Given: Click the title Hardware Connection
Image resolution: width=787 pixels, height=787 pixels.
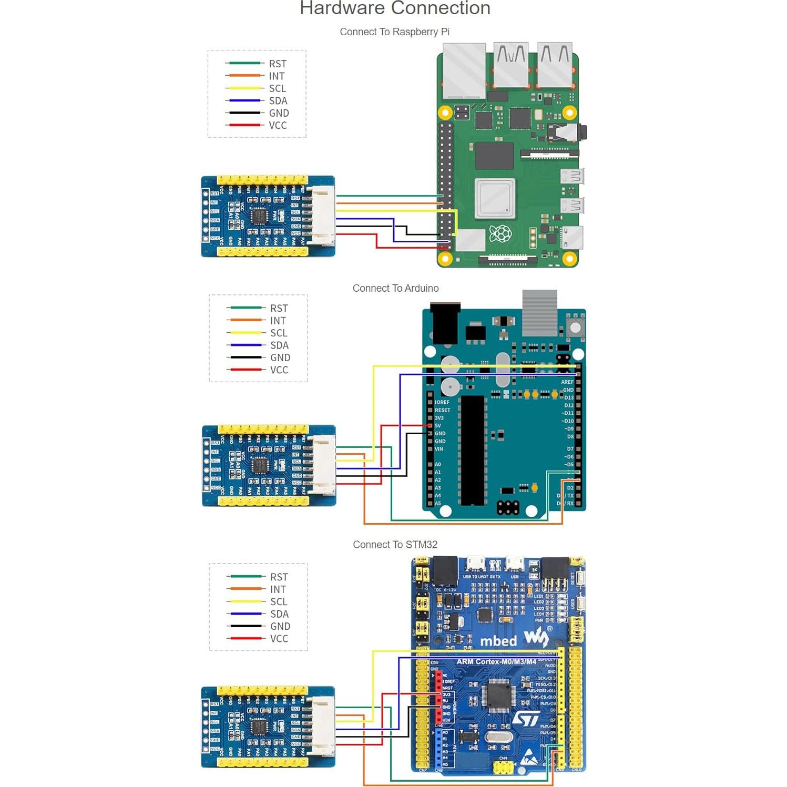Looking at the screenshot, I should click(x=395, y=8).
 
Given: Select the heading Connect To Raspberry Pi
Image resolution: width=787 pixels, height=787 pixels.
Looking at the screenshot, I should click(x=394, y=32).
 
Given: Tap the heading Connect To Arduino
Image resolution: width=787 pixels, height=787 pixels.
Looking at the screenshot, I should click(x=395, y=288).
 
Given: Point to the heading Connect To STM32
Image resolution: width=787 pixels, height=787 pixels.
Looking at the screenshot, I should click(x=395, y=545).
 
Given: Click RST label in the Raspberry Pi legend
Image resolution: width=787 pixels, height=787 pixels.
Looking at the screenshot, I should click(x=278, y=64).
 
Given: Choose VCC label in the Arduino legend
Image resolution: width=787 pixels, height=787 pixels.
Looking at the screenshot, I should click(x=279, y=370).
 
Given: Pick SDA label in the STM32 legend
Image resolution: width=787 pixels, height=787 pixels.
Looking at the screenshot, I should click(x=279, y=614).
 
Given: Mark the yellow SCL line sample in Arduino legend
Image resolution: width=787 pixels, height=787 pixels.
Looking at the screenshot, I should click(x=244, y=333).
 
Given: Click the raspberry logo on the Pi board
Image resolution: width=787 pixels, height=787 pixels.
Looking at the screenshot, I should click(x=500, y=233).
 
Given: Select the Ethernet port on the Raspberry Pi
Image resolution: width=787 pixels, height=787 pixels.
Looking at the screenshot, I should click(x=464, y=71).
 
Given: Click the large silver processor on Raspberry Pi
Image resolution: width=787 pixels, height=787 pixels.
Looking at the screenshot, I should click(x=495, y=198).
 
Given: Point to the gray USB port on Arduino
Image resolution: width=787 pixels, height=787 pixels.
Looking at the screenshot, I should click(x=539, y=312).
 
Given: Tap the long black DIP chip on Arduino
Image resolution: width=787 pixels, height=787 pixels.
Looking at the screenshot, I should click(x=472, y=450).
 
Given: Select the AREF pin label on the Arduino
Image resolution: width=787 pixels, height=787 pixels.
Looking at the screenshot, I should click(x=567, y=382).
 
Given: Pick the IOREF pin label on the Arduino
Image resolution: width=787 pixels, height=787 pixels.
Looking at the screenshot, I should click(x=442, y=402).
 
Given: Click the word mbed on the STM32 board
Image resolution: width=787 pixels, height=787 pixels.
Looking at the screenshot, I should click(x=498, y=641).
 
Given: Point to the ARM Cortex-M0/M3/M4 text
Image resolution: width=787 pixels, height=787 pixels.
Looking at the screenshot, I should click(x=496, y=662).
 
